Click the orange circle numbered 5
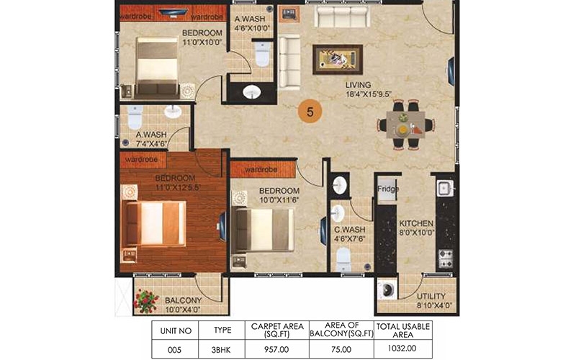[310, 112]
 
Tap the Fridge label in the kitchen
[388, 189]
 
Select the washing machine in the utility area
[387, 290]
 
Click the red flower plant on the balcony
[146, 301]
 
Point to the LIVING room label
[358, 85]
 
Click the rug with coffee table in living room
[338, 60]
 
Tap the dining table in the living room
[405, 125]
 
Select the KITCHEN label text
[416, 224]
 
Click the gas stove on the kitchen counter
[446, 258]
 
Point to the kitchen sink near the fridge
[446, 188]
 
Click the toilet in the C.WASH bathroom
[343, 258]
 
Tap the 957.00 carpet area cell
[276, 349]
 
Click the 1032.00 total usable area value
[402, 348]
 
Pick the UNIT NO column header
[176, 331]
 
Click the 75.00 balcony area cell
[341, 349]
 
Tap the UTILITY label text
[431, 296]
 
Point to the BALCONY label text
[183, 300]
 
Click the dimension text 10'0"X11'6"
[279, 200]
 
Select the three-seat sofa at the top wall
[343, 16]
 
